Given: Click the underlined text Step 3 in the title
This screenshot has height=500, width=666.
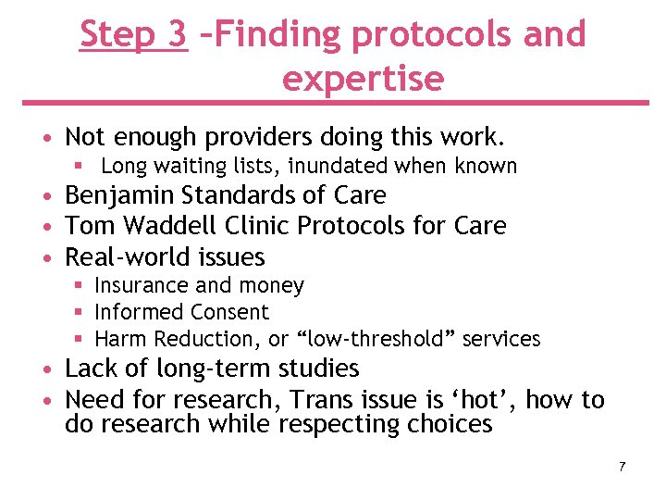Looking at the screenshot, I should (x=134, y=34).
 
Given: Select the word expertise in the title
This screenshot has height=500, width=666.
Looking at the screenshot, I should (x=363, y=80).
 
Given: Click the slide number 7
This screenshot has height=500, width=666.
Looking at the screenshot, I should (x=622, y=466).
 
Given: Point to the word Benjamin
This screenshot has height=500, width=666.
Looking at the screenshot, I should (x=124, y=195).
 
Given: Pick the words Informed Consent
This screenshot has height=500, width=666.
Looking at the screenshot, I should (x=181, y=313).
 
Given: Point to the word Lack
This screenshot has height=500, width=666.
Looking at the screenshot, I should (x=92, y=369).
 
